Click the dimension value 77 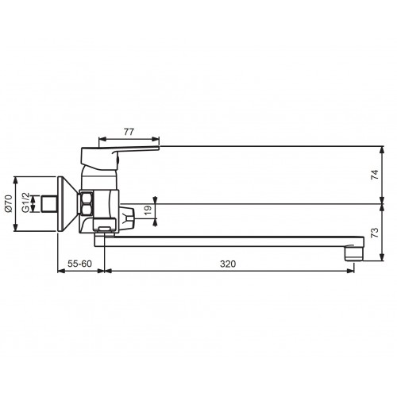[129, 132]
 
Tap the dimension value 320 [228, 264]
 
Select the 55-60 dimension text [79, 264]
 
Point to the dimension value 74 [375, 175]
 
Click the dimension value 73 [375, 233]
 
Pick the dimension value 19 [148, 210]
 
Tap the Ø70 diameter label [9, 203]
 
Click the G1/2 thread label [25, 202]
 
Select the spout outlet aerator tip [354, 252]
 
